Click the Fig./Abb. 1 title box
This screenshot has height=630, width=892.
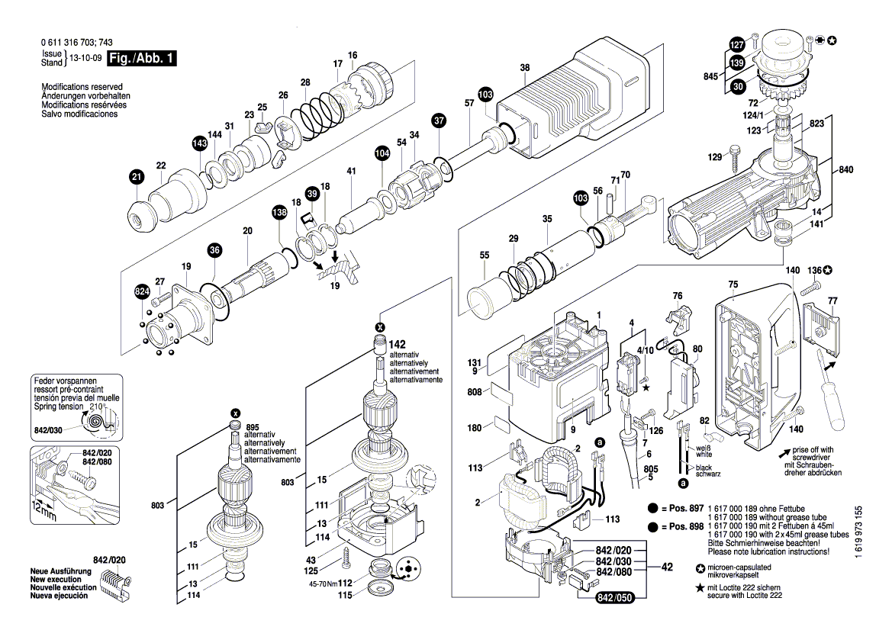[x=142, y=59]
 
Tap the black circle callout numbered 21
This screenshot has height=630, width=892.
[x=136, y=178]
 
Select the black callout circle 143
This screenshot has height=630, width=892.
[x=199, y=143]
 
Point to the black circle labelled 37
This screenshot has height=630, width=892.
[x=438, y=120]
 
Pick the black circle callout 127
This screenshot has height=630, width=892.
[x=736, y=44]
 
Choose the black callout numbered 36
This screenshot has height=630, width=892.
[x=214, y=249]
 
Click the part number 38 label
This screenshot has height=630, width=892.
[x=525, y=68]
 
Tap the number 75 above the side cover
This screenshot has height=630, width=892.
[x=733, y=284]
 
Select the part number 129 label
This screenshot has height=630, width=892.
[x=714, y=157]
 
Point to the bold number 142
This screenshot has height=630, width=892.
[x=398, y=345]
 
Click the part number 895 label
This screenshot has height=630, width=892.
[x=253, y=426]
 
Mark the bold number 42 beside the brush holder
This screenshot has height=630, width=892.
[x=667, y=567]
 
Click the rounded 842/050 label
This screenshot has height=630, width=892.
[x=614, y=598]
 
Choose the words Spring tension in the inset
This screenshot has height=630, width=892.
[x=56, y=407]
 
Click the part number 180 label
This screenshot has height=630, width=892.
[x=475, y=428]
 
